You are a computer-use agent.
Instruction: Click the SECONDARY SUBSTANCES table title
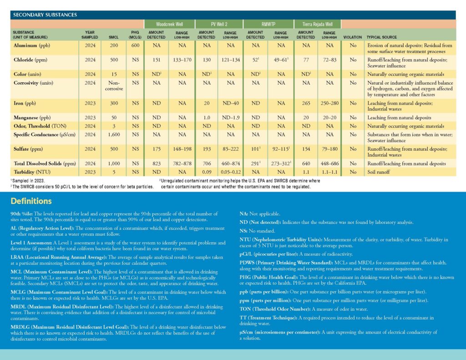pos(45,15)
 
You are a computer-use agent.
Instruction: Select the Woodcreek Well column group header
pos(169,24)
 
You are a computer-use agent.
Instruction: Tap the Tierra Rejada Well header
pos(317,24)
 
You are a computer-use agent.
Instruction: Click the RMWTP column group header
pos(268,24)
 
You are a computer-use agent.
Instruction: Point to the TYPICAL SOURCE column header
pos(382,37)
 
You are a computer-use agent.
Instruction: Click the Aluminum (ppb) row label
pos(32,46)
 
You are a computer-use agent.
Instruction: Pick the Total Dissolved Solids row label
pos(45,163)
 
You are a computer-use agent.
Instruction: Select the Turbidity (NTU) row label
pos(32,172)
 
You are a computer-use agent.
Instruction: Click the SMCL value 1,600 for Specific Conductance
pos(114,135)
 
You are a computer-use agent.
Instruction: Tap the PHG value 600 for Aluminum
pos(135,46)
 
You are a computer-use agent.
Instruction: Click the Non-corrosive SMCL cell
pos(114,86)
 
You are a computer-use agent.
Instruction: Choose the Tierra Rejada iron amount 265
pos(306,103)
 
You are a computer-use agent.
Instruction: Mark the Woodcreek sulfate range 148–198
pos(182,149)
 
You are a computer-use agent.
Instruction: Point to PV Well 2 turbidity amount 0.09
pos(207,172)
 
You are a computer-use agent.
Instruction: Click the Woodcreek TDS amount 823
pos(157,163)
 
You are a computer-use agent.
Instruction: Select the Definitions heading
pos(31,201)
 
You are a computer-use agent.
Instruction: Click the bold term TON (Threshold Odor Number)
pos(275,309)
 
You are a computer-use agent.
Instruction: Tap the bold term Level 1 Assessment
pos(31,243)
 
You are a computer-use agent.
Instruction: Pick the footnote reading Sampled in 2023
pos(28,181)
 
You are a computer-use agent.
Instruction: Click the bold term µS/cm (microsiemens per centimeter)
pos(280,332)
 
